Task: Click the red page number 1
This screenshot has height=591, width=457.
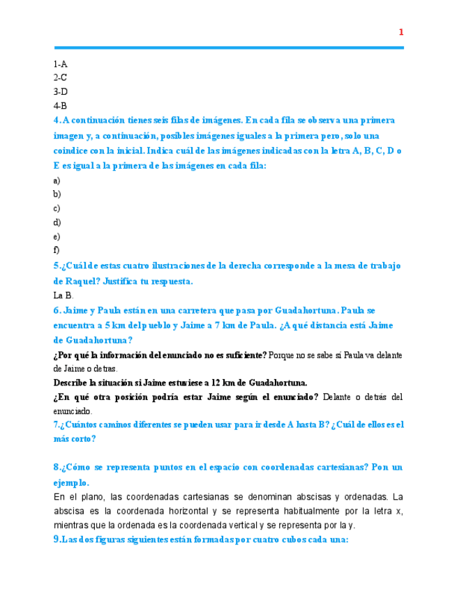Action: (x=401, y=32)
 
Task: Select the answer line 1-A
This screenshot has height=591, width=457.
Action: (x=60, y=64)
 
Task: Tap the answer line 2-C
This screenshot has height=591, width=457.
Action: (x=60, y=77)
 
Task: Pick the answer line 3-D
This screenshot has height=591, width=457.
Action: (x=61, y=91)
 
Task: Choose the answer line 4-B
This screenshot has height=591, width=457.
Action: (x=60, y=105)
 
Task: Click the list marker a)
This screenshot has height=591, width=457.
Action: (x=57, y=180)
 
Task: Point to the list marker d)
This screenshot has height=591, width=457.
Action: (x=57, y=222)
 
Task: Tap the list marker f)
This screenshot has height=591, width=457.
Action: (x=57, y=250)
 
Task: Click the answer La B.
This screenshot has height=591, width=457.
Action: (x=63, y=295)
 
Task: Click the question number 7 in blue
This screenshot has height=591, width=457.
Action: (x=55, y=424)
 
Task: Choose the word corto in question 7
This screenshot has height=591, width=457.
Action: (x=84, y=439)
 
